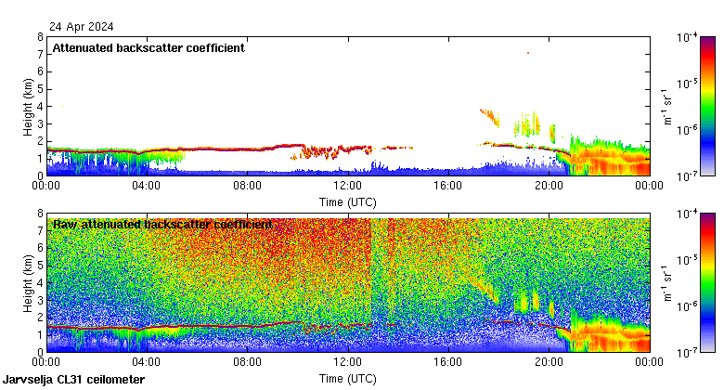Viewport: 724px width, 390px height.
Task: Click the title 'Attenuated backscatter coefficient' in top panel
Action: coord(149,47)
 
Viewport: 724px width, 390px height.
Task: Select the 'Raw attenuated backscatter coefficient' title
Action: coord(162,224)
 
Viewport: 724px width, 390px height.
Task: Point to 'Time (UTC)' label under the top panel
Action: coord(347,201)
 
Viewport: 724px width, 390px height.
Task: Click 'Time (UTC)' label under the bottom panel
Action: coord(347,378)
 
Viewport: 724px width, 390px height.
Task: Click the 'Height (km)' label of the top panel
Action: coord(28,106)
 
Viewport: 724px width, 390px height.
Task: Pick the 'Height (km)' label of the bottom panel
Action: coord(28,282)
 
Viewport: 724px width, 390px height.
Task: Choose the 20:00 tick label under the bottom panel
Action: coord(548,363)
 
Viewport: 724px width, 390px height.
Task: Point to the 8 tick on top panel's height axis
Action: coord(39,37)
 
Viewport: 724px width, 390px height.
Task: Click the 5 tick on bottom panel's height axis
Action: coord(39,266)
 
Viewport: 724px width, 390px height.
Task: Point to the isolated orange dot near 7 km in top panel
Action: coord(527,53)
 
